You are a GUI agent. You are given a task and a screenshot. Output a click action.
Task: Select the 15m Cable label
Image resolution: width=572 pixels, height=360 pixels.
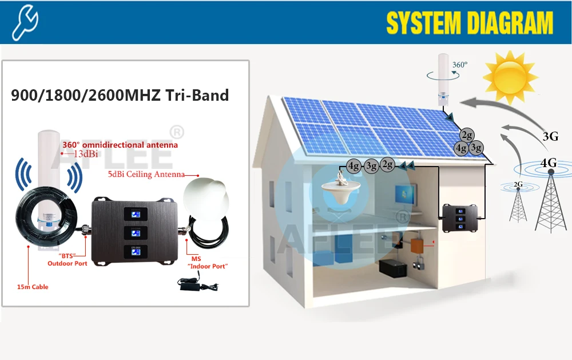click(33, 287)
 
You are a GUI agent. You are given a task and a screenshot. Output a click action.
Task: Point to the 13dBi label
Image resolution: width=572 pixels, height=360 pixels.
click(80, 154)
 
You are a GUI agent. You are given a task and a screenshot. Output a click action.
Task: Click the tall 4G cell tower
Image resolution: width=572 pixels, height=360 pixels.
click(549, 200)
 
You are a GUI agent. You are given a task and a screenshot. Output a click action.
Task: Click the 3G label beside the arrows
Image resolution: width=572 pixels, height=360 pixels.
click(550, 136)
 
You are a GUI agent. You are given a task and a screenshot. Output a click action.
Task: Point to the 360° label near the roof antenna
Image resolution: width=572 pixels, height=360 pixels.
click(460, 65)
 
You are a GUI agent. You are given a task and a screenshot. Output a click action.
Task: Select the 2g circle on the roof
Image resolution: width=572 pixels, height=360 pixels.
click(468, 135)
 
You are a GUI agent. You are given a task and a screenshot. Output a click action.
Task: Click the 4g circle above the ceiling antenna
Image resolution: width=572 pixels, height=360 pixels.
click(354, 166)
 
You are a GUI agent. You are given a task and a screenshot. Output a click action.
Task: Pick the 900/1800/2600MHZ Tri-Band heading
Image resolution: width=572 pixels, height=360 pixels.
click(120, 95)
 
